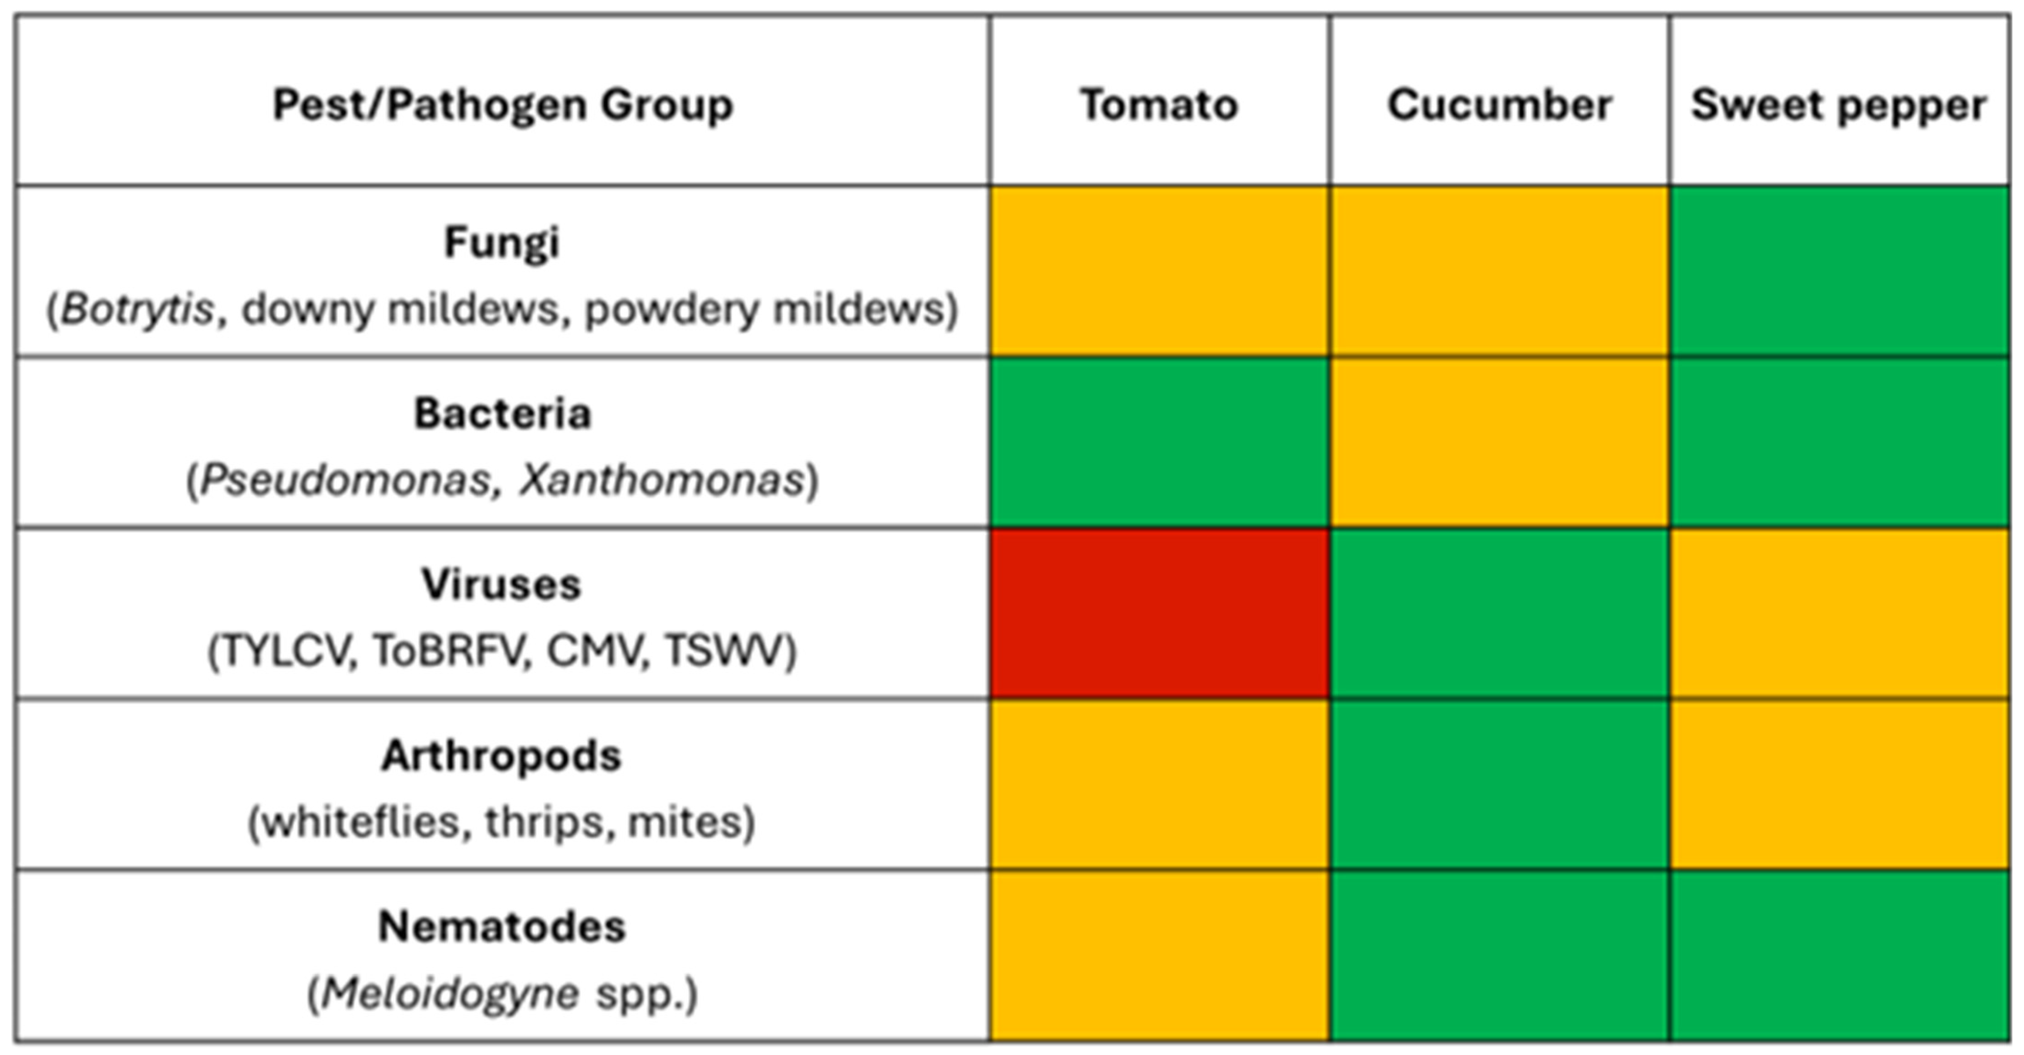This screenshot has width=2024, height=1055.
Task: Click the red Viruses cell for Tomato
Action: point(1160,613)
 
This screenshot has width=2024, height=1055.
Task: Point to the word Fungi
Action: point(502,244)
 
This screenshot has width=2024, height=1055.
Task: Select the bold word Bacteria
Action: point(502,413)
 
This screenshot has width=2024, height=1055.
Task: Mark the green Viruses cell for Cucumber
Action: point(1500,613)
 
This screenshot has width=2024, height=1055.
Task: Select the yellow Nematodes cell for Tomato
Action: point(1160,955)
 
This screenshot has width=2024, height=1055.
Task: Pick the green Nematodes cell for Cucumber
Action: point(1500,955)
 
